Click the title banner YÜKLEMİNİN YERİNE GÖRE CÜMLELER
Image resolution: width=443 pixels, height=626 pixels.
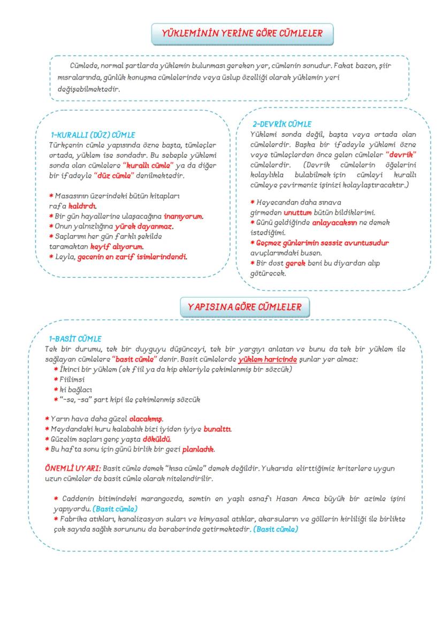tap(242, 34)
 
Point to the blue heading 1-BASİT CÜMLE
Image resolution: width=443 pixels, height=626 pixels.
tap(75, 338)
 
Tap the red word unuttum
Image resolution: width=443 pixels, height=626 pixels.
tap(297, 212)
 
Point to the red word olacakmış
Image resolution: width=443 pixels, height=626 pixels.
tap(146, 419)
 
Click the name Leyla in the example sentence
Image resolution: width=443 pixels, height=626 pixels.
tap(64, 257)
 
